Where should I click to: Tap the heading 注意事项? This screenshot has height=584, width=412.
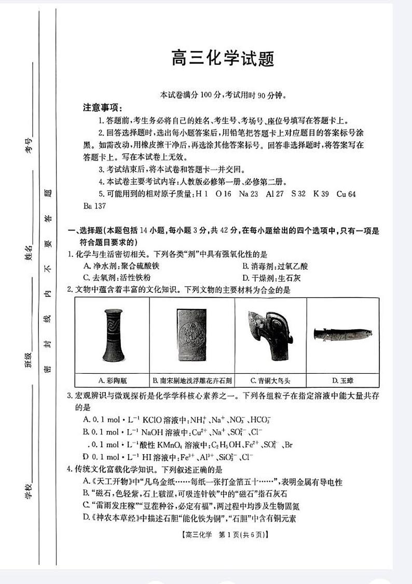103,107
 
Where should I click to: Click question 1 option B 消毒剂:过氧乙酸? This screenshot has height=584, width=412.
274,266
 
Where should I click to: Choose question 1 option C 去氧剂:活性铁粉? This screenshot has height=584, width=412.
116,277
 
